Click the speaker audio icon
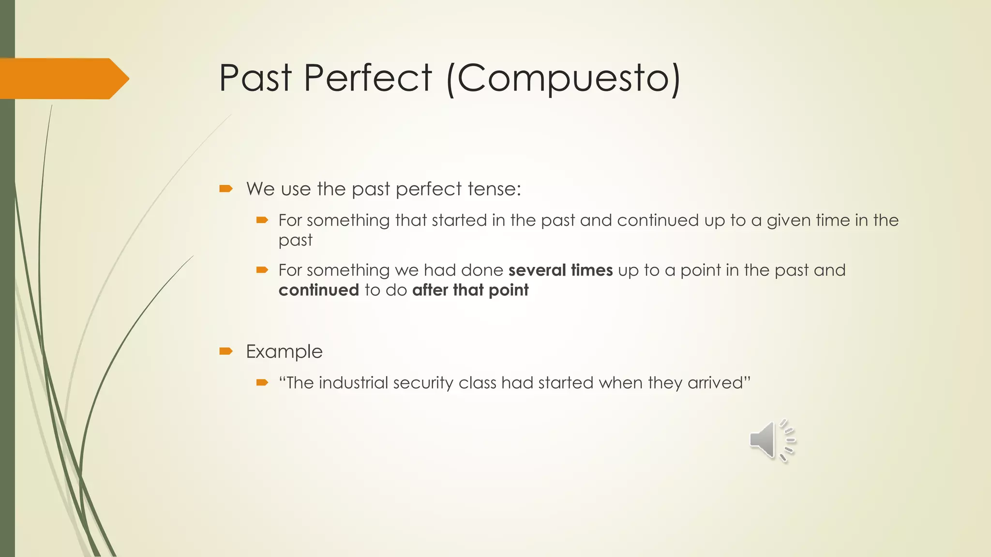pos(771,440)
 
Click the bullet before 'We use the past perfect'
pos(226,189)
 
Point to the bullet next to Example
pos(226,352)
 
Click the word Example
pos(284,352)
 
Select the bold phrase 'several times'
pos(560,270)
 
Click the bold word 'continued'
pos(318,290)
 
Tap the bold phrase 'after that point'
pos(470,290)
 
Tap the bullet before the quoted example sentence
pos(262,383)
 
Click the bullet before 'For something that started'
pos(262,220)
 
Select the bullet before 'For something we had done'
pos(262,270)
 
